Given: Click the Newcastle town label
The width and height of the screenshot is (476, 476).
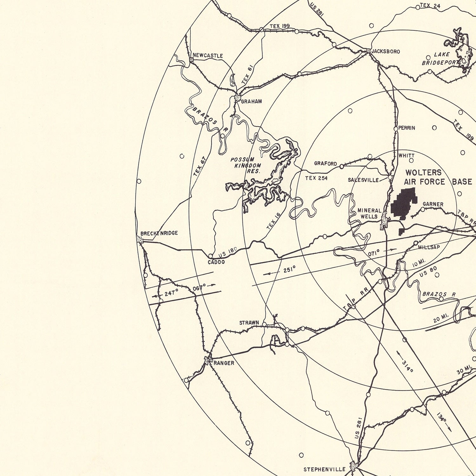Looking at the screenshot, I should [x=208, y=56].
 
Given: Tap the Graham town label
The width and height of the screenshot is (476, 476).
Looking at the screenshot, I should [x=251, y=102].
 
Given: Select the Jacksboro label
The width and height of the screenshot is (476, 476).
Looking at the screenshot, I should [x=386, y=51].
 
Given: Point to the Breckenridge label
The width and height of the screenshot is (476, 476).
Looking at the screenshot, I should [x=159, y=233].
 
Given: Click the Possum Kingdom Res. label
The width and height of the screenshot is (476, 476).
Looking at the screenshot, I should [x=246, y=165].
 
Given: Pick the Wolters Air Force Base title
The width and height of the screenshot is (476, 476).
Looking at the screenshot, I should [x=437, y=177].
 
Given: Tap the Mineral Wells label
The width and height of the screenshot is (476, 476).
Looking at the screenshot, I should [x=369, y=214].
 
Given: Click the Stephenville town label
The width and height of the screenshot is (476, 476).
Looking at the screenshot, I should [x=324, y=469].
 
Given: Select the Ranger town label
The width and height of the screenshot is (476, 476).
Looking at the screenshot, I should [x=224, y=363].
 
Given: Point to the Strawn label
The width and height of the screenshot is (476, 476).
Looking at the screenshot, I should [x=249, y=323].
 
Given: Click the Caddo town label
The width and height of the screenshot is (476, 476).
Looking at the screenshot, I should [x=216, y=262].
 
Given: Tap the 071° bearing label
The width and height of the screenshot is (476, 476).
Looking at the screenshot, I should [x=374, y=253].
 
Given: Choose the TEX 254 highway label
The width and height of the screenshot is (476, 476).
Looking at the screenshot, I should [x=316, y=178].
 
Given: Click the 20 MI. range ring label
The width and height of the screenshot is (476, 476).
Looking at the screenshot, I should [x=441, y=318].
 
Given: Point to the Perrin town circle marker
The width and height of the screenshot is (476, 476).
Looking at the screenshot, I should [x=396, y=129].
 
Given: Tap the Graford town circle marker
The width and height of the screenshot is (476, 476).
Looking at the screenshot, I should [x=341, y=166].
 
